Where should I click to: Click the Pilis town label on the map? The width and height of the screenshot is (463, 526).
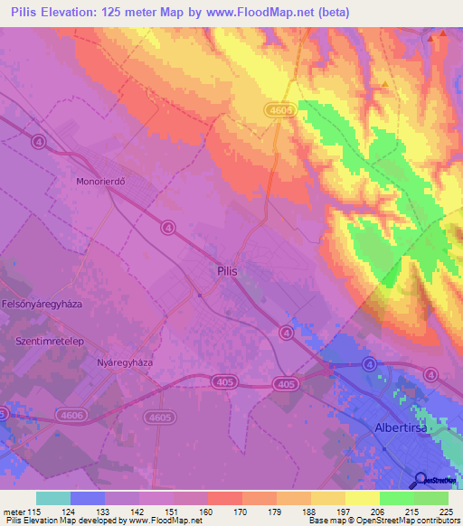click(x=228, y=269)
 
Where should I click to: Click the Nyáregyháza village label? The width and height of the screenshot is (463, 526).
click(x=125, y=362)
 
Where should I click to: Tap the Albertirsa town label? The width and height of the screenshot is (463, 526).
click(x=405, y=427)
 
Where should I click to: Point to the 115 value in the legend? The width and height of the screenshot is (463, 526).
click(x=35, y=512)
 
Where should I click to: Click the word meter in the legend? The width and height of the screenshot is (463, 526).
click(x=14, y=512)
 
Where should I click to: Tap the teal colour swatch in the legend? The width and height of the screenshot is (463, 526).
click(x=52, y=498)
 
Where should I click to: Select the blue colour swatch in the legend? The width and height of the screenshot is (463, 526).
click(x=87, y=498)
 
